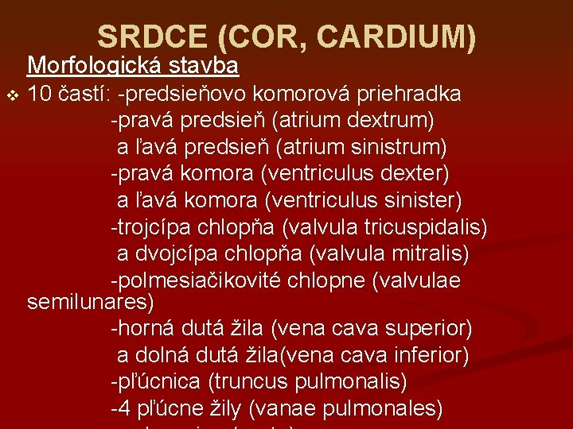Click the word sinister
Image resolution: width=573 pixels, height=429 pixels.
(422, 199)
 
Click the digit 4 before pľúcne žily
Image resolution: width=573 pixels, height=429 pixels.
(124, 408)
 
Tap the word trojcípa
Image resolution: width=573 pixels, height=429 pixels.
(155, 227)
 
